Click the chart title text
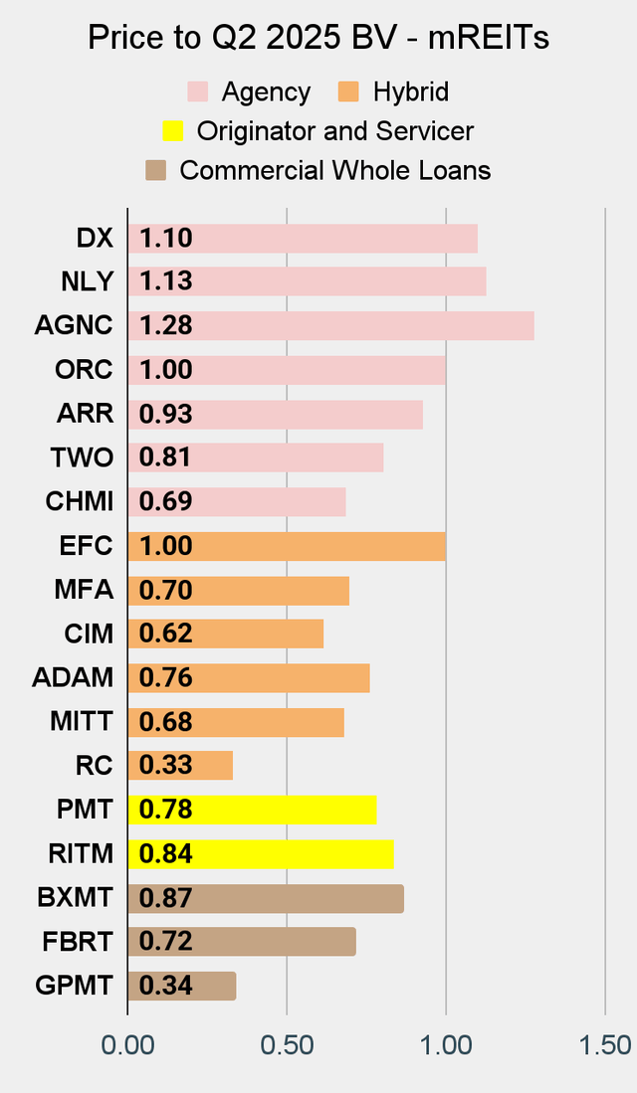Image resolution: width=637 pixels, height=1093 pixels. (x=318, y=38)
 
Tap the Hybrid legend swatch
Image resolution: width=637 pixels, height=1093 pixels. (x=349, y=92)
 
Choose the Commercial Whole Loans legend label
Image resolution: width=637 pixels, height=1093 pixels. (x=334, y=170)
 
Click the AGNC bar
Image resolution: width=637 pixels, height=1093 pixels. (x=330, y=326)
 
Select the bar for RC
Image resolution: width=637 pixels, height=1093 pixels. (x=180, y=766)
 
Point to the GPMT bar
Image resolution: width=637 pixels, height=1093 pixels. (x=182, y=986)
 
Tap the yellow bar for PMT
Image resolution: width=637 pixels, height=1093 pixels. (x=252, y=810)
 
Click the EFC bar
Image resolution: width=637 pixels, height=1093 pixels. (x=287, y=546)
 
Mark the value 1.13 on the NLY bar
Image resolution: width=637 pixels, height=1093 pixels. (x=165, y=282)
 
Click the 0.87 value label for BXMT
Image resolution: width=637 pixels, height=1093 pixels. (x=165, y=898)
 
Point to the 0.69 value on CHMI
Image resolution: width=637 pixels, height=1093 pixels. (x=165, y=502)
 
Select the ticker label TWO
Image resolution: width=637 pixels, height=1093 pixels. (x=82, y=458)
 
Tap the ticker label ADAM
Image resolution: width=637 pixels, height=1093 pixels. (x=73, y=678)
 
